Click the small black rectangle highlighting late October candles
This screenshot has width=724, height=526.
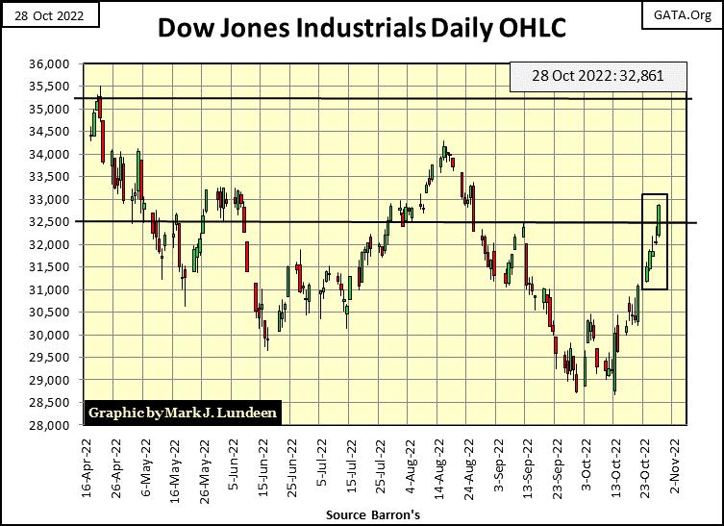(654, 240)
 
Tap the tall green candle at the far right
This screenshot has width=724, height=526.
(660, 218)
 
